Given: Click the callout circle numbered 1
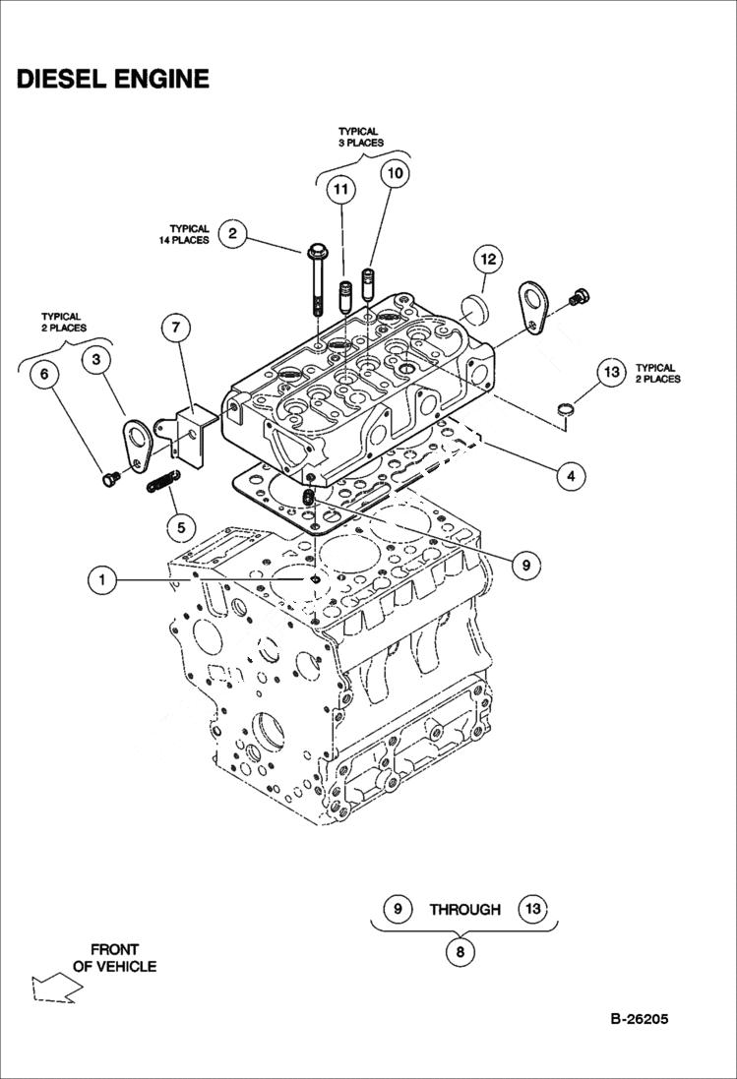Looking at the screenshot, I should (100, 580).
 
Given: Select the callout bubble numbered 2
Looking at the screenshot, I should (232, 233).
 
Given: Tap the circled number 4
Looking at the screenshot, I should (568, 476).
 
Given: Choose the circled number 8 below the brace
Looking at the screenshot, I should (460, 952).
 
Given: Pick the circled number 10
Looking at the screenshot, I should (394, 173).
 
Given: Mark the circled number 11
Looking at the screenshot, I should (340, 189).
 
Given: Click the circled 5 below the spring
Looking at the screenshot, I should (180, 527).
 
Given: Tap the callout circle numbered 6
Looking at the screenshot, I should (44, 376).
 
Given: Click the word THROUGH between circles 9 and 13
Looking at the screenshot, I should (464, 910).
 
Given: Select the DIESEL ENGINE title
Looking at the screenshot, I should (112, 79).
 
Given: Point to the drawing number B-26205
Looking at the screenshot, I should (633, 1019).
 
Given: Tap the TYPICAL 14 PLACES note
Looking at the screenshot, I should (185, 234).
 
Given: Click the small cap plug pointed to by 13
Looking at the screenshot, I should (567, 407).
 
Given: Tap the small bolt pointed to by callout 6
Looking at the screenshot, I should (108, 478).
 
